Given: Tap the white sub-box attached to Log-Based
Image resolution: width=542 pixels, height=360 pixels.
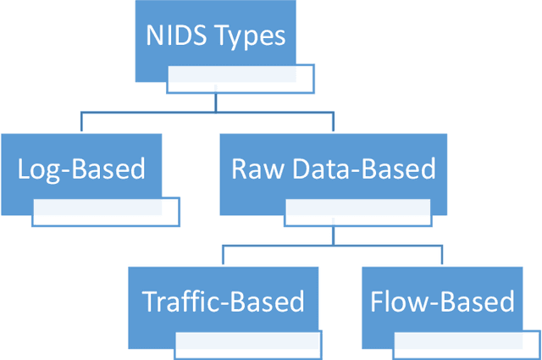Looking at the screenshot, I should point(106,212).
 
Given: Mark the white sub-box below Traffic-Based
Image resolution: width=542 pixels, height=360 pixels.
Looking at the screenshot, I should point(248,343).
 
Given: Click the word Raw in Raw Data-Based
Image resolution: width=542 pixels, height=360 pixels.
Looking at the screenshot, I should point(253,169).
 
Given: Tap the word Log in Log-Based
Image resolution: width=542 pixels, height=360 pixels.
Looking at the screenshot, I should point(38,169).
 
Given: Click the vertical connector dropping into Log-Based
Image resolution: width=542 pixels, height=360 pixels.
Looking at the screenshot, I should point(80,121).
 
